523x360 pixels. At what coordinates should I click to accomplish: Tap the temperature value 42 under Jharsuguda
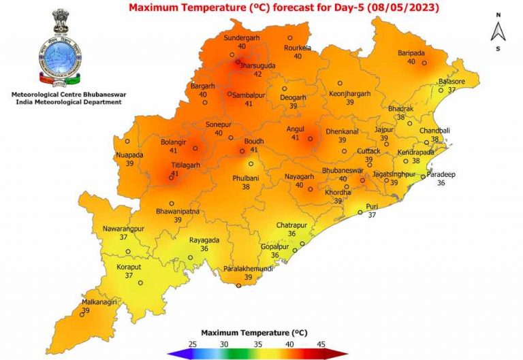point(257,74)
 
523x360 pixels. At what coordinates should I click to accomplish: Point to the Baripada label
point(411,52)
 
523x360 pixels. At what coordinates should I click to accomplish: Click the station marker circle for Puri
point(361,212)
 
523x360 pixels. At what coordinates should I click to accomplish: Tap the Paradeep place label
point(441,174)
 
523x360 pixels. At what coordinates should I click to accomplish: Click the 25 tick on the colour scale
point(193,345)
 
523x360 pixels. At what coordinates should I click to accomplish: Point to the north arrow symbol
point(498,31)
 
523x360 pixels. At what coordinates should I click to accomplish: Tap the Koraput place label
point(128,267)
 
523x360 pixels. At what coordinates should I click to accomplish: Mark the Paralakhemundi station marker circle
point(238,286)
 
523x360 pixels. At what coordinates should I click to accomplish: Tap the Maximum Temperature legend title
point(261,333)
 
